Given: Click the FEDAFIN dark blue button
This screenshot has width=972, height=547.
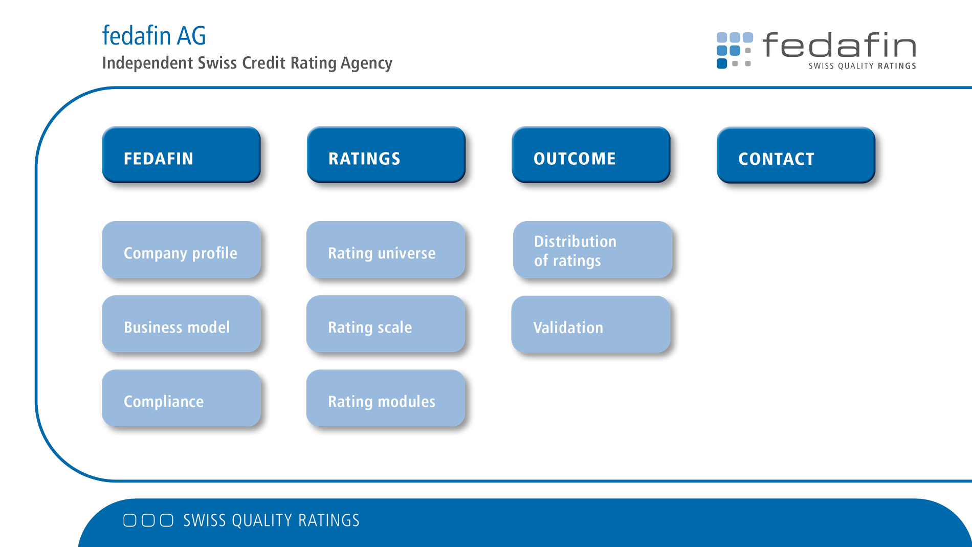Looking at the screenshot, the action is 181,155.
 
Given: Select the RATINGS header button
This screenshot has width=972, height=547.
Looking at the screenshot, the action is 386,155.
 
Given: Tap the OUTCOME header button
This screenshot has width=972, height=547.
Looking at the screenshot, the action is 591,155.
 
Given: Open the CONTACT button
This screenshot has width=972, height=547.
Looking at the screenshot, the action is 796,155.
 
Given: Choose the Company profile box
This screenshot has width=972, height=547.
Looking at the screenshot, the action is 181,250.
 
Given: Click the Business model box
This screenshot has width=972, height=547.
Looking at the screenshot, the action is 181,324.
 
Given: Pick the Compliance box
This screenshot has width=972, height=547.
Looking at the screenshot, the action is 181,398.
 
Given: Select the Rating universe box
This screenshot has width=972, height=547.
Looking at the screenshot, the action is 386,250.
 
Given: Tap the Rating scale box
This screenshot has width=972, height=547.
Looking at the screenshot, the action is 386,324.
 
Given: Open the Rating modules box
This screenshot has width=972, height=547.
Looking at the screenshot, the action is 386,398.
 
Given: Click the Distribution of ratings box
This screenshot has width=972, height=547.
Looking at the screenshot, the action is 592,250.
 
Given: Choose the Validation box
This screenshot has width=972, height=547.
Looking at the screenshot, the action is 591,324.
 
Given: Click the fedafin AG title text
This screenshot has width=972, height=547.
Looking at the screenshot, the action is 154,36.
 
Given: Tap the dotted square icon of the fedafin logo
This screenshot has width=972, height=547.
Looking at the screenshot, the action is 735,50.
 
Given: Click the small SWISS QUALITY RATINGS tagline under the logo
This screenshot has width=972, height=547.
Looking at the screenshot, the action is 862,65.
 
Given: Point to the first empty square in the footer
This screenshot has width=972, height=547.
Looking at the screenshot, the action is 130,520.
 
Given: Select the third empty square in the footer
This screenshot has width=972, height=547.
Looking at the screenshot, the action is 167,520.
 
